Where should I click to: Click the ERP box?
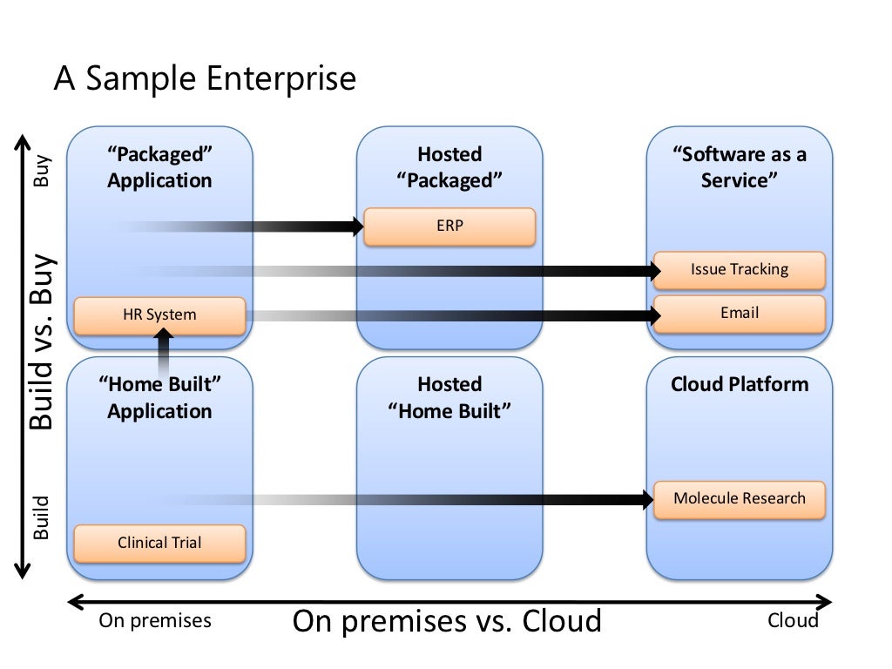449,226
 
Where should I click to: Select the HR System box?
160,315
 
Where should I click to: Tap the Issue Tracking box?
739,270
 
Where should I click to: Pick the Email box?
739,314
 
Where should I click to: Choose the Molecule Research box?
739,499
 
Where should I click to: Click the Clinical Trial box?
160,544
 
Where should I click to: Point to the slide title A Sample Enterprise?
205,78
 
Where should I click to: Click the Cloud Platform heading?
739,384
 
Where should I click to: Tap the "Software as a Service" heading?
739,167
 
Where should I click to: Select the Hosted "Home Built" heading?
449,397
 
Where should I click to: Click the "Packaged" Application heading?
160,167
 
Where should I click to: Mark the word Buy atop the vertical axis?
42,171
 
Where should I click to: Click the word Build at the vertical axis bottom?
41,517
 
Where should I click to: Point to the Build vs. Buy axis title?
43,341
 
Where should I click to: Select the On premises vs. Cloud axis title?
447,621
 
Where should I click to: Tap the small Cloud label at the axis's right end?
793,620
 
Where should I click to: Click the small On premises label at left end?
155,621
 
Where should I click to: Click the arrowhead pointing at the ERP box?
357,226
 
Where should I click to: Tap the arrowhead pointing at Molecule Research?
647,499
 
